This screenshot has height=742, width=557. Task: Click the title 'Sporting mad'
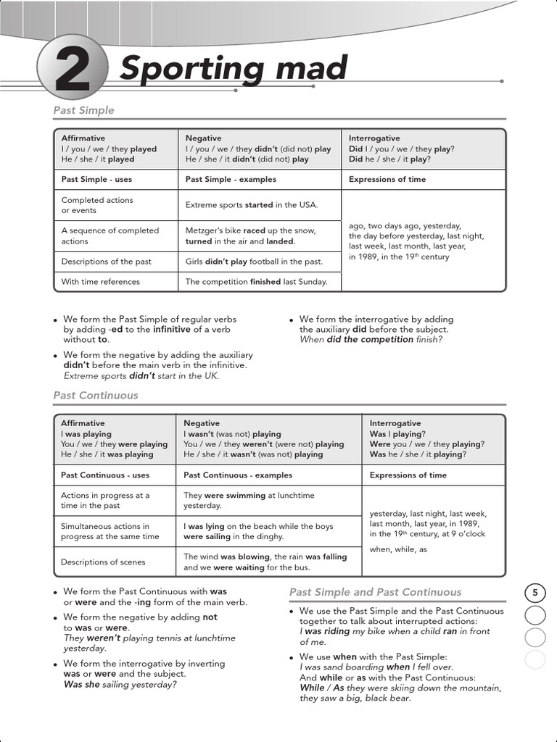(233, 69)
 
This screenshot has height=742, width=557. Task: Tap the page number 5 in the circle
(535, 593)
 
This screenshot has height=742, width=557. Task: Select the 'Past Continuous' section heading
(95, 396)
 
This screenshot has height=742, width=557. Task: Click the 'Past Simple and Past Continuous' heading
(375, 592)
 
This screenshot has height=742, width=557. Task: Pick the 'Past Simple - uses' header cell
(96, 179)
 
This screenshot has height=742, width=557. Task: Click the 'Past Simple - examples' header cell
(231, 179)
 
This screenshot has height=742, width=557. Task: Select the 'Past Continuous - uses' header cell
(105, 475)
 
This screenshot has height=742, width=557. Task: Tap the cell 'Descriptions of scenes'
(103, 562)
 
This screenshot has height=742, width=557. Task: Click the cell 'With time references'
(101, 282)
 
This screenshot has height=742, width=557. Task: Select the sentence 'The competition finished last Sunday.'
(256, 282)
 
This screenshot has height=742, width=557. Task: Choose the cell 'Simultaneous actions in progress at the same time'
(110, 531)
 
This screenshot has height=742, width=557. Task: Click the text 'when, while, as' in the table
(398, 549)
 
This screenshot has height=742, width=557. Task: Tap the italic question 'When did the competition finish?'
(371, 339)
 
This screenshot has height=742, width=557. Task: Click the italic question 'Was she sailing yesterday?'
(120, 683)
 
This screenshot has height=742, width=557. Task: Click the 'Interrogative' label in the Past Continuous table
(395, 423)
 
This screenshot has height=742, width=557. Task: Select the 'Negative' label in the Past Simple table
(204, 138)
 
